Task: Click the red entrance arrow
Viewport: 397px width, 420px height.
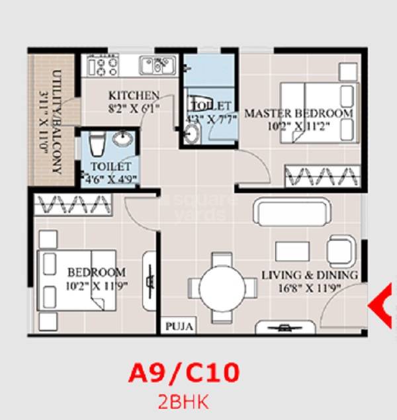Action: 383,305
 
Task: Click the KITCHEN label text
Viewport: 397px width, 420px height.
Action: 134,95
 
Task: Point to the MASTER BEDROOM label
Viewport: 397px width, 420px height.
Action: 298,114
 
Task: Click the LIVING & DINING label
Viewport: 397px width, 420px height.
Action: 309,274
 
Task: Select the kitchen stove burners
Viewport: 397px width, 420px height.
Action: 100,66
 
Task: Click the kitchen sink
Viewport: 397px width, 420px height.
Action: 157,66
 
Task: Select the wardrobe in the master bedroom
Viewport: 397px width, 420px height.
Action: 322,176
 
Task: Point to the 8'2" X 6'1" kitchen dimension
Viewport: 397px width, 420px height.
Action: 134,108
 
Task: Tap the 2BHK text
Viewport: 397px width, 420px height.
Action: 182,400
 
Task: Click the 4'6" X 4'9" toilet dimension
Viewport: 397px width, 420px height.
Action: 109,178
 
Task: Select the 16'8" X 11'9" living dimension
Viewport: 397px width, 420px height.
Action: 309,287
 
